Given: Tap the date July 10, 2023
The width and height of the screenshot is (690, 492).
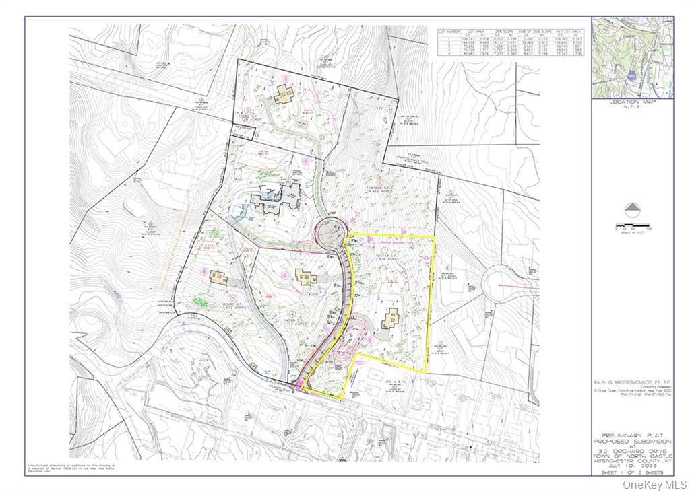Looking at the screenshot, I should [x=632, y=464].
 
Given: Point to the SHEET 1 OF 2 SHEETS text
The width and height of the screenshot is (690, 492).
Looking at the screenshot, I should [x=632, y=473].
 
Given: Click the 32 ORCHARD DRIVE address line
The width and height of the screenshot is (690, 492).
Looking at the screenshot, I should [x=632, y=450].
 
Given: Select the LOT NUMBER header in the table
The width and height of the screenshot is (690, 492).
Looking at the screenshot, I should [x=449, y=32].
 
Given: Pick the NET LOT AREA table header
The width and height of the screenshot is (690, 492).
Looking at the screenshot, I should [x=569, y=32].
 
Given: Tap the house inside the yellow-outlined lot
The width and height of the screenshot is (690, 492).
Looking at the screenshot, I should [x=391, y=318].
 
